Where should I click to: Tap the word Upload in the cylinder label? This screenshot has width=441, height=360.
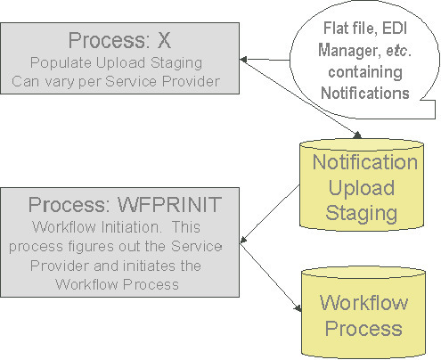[x=363, y=187]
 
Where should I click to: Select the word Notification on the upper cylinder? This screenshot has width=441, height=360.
[x=363, y=163]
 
